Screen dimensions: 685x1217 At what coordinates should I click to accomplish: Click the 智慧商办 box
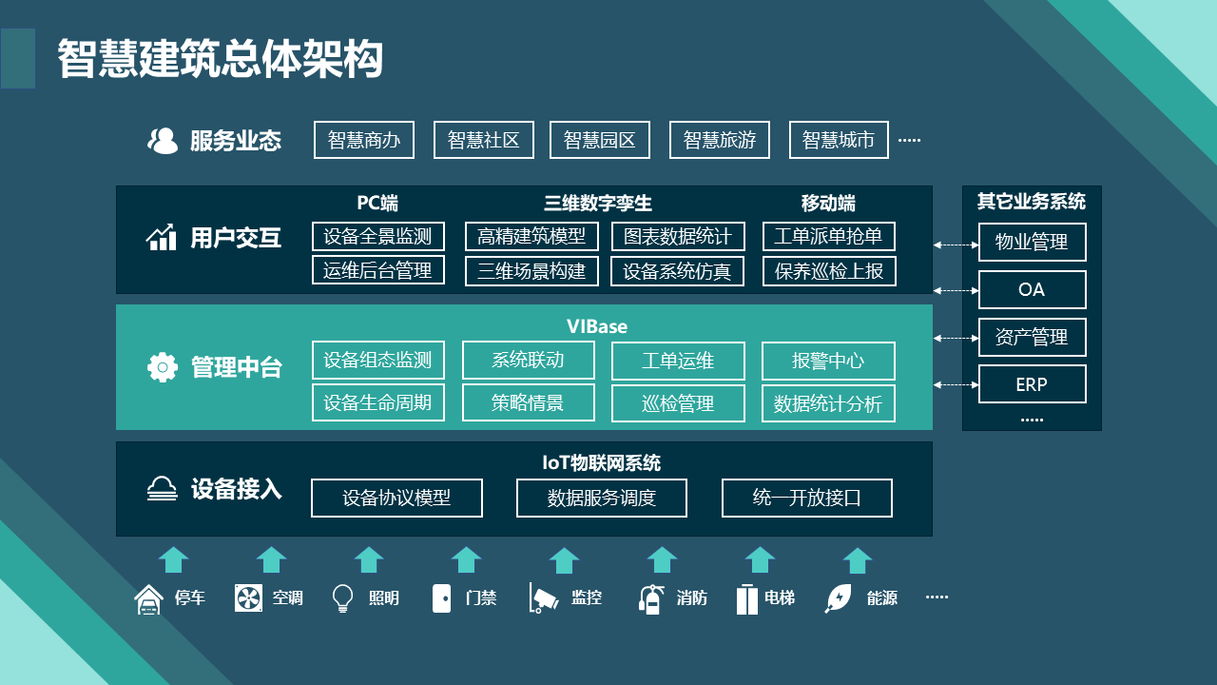tap(364, 140)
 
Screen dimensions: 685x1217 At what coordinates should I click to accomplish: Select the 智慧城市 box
tap(839, 140)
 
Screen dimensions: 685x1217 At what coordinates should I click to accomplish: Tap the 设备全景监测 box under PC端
tap(377, 236)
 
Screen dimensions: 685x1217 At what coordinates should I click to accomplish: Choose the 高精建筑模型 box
tap(531, 236)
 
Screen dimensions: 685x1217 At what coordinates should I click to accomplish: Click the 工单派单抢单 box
tap(828, 236)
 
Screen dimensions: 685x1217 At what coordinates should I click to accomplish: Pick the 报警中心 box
tap(828, 361)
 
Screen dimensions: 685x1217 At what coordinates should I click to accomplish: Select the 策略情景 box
tap(528, 402)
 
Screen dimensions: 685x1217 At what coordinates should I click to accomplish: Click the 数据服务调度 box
tap(602, 498)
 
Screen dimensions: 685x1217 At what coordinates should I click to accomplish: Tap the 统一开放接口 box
tap(807, 498)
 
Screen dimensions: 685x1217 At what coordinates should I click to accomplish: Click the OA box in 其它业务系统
tap(1032, 289)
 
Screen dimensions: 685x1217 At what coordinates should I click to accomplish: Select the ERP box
tap(1032, 384)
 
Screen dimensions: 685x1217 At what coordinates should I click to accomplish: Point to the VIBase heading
tap(597, 326)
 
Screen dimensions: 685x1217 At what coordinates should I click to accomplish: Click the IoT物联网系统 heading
tap(601, 463)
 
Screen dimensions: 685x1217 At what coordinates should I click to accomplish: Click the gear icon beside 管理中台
tap(163, 367)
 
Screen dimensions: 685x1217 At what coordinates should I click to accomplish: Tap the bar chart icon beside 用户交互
tap(162, 237)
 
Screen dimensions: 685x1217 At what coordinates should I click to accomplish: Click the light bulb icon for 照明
tap(342, 597)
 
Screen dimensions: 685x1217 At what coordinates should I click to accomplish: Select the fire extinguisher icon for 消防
tap(651, 597)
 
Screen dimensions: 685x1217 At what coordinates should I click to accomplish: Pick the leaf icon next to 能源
tap(839, 597)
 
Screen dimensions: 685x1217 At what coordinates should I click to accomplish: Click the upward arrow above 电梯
tap(761, 559)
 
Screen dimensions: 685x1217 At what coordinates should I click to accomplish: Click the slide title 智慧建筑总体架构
tap(220, 59)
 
